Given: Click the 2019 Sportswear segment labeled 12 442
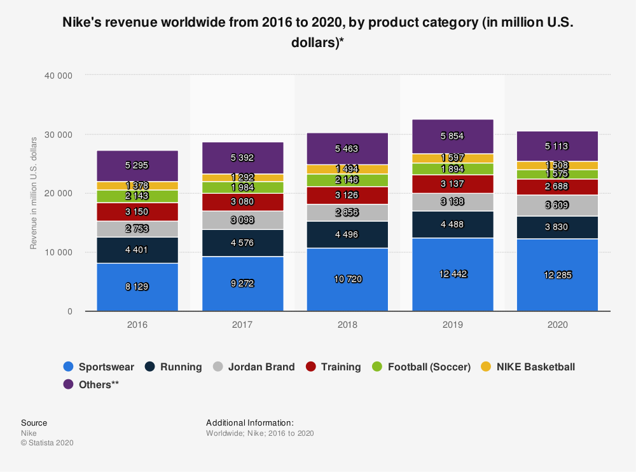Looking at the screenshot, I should pyautogui.click(x=453, y=274).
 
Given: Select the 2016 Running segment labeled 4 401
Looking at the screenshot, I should pyautogui.click(x=137, y=250).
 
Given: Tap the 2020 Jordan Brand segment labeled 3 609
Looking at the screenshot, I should pyautogui.click(x=557, y=205).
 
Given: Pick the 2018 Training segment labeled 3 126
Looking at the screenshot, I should pyautogui.click(x=347, y=195).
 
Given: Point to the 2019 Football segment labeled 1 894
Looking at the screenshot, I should pyautogui.click(x=453, y=169).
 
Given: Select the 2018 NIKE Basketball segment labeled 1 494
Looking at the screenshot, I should pyautogui.click(x=347, y=169).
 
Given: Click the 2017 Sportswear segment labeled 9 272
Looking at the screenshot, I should pyautogui.click(x=242, y=283).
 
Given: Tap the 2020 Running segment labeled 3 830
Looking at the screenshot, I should pyautogui.click(x=557, y=227).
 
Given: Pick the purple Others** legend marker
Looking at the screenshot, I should pyautogui.click(x=69, y=384).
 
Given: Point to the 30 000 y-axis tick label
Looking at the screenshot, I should pyautogui.click(x=59, y=135).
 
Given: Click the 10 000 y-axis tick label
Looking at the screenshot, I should pyautogui.click(x=59, y=252).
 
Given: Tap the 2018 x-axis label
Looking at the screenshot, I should pyautogui.click(x=347, y=324).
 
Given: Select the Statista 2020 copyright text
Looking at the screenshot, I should pyautogui.click(x=47, y=443).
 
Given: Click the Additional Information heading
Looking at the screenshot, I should pyautogui.click(x=249, y=422).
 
